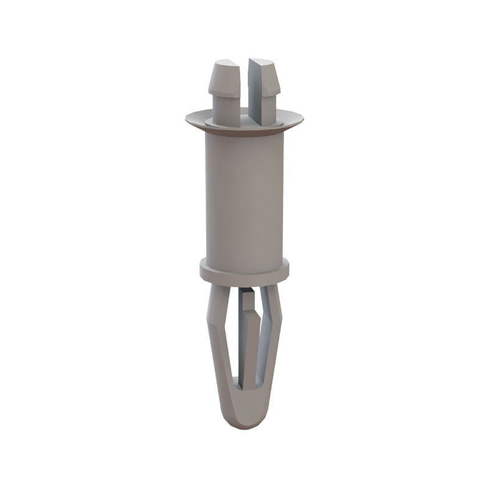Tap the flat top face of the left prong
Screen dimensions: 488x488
click(x=224, y=63)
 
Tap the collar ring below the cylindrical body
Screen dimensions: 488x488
click(x=244, y=268)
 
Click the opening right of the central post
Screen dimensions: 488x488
click(x=260, y=354)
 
